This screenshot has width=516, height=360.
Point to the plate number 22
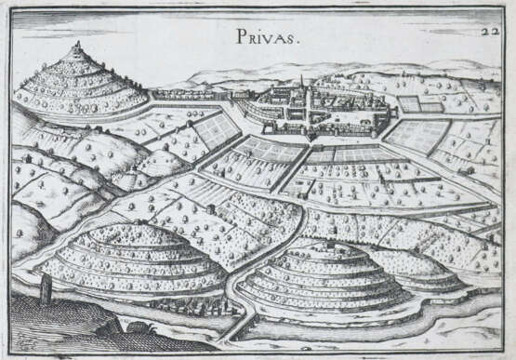(491, 31)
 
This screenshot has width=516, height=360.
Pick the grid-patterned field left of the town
(216, 130)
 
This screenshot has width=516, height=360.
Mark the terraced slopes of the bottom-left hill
(130, 260)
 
